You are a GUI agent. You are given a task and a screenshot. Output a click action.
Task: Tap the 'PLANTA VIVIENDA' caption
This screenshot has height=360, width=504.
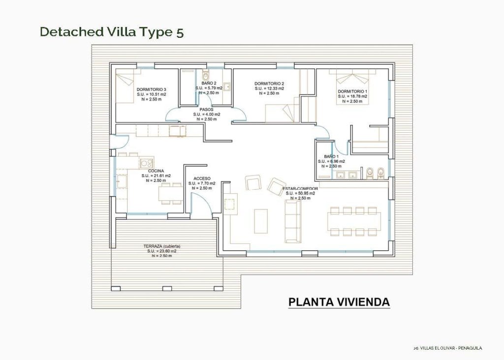point(339,301)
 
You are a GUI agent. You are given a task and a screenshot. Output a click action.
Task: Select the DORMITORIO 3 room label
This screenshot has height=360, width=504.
point(151,89)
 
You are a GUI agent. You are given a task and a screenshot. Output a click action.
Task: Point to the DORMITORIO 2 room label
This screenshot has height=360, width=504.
point(269,84)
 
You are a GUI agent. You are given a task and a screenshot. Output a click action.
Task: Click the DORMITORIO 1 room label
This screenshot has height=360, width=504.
point(352,91)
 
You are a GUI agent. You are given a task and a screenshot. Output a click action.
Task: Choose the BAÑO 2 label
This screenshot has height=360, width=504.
point(209,84)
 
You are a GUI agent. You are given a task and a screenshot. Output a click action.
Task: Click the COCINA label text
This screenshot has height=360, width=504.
point(156,171)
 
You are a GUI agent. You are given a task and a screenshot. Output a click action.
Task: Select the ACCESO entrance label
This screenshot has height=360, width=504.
point(202,179)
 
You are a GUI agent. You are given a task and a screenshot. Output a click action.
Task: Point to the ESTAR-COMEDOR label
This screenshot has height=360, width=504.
point(300,188)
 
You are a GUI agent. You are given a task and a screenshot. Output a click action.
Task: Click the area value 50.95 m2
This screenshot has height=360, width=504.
point(303,193)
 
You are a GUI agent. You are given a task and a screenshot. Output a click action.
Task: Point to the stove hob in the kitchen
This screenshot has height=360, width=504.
point(146,163)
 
